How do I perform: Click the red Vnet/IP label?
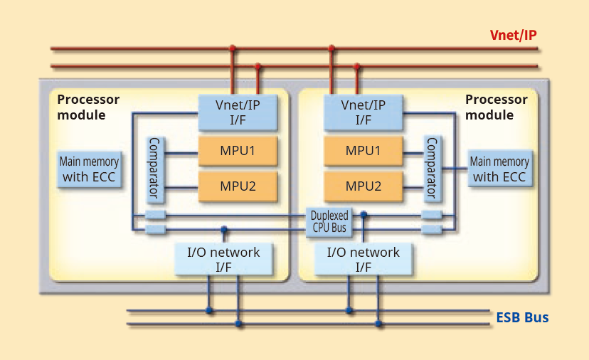(513, 36)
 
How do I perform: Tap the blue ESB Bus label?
(522, 317)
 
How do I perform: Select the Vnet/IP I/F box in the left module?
(238, 112)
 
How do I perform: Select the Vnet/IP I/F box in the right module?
(363, 112)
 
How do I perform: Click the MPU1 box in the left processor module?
(237, 151)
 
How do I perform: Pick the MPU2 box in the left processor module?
(237, 186)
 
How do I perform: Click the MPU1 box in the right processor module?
(363, 151)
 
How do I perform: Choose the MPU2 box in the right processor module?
(363, 186)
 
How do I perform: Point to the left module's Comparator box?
(154, 169)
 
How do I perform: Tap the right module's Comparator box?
(431, 169)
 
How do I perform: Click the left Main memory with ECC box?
(89, 169)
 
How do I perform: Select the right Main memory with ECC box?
(499, 169)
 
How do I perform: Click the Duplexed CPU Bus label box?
(329, 221)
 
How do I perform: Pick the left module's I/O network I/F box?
(223, 259)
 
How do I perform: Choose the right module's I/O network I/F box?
(363, 259)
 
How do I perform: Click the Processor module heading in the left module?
(88, 107)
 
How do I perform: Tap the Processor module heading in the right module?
(497, 107)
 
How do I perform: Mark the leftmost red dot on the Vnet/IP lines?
(232, 48)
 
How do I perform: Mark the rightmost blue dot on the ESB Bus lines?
(378, 324)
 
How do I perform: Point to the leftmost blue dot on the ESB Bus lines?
(209, 310)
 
